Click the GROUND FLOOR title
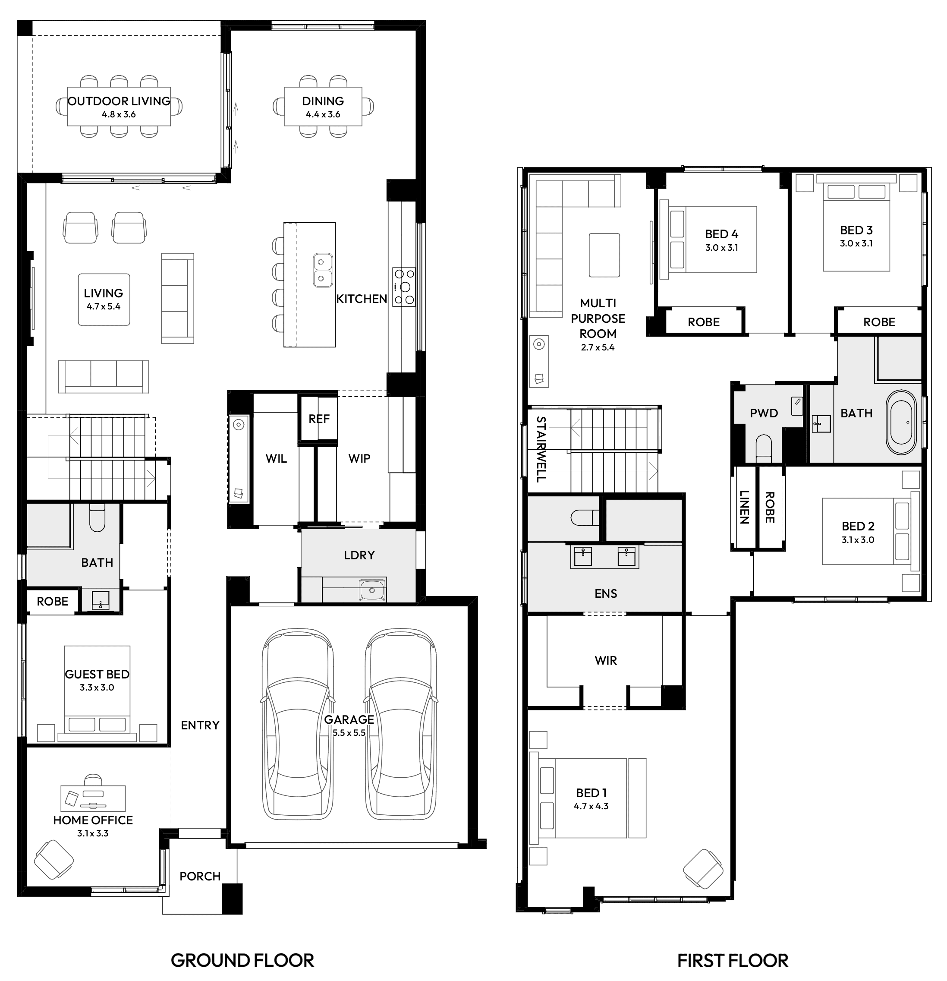click(x=242, y=960)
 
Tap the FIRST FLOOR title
click(x=733, y=960)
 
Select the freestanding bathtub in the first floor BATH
click(x=901, y=423)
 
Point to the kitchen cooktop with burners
click(x=404, y=287)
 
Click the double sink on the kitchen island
click(x=323, y=270)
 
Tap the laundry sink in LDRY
click(x=372, y=590)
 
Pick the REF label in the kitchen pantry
click(x=319, y=419)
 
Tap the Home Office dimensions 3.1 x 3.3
click(x=93, y=833)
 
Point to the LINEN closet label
click(x=744, y=507)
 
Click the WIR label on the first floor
click(x=605, y=660)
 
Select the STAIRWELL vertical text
click(x=540, y=449)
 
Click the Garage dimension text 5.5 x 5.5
click(x=349, y=733)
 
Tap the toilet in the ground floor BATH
click(x=97, y=517)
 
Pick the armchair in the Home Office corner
click(x=53, y=860)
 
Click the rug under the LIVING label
click(x=104, y=299)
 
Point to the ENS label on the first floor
click(x=605, y=593)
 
